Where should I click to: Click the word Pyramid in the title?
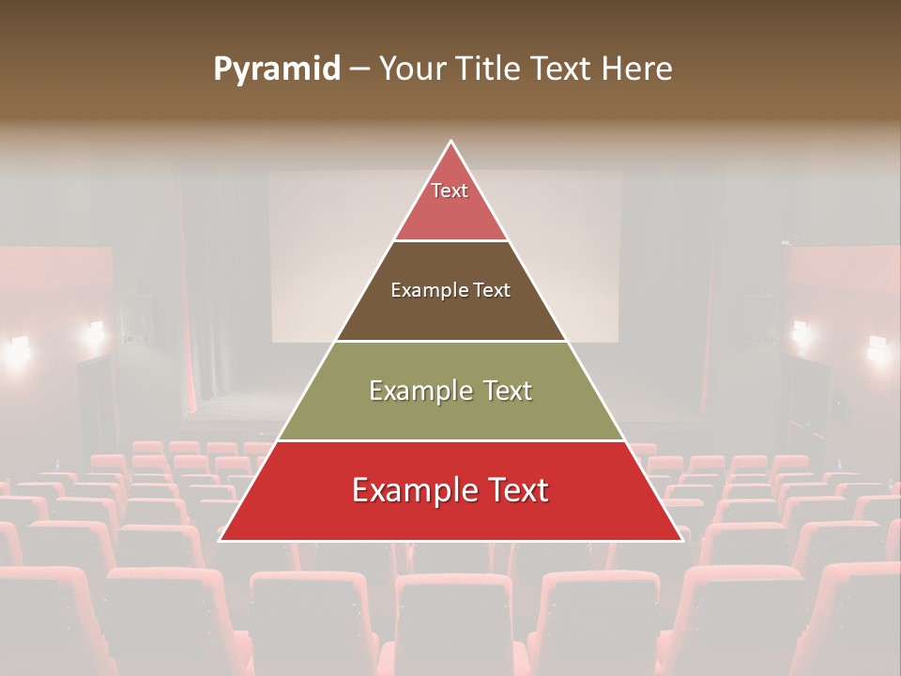pyautogui.click(x=276, y=69)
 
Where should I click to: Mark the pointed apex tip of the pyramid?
pyautogui.click(x=451, y=143)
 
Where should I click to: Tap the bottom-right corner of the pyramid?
pyautogui.click(x=680, y=539)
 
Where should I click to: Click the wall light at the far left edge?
pyautogui.click(x=17, y=351)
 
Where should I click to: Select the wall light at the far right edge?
pyautogui.click(x=878, y=349)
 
